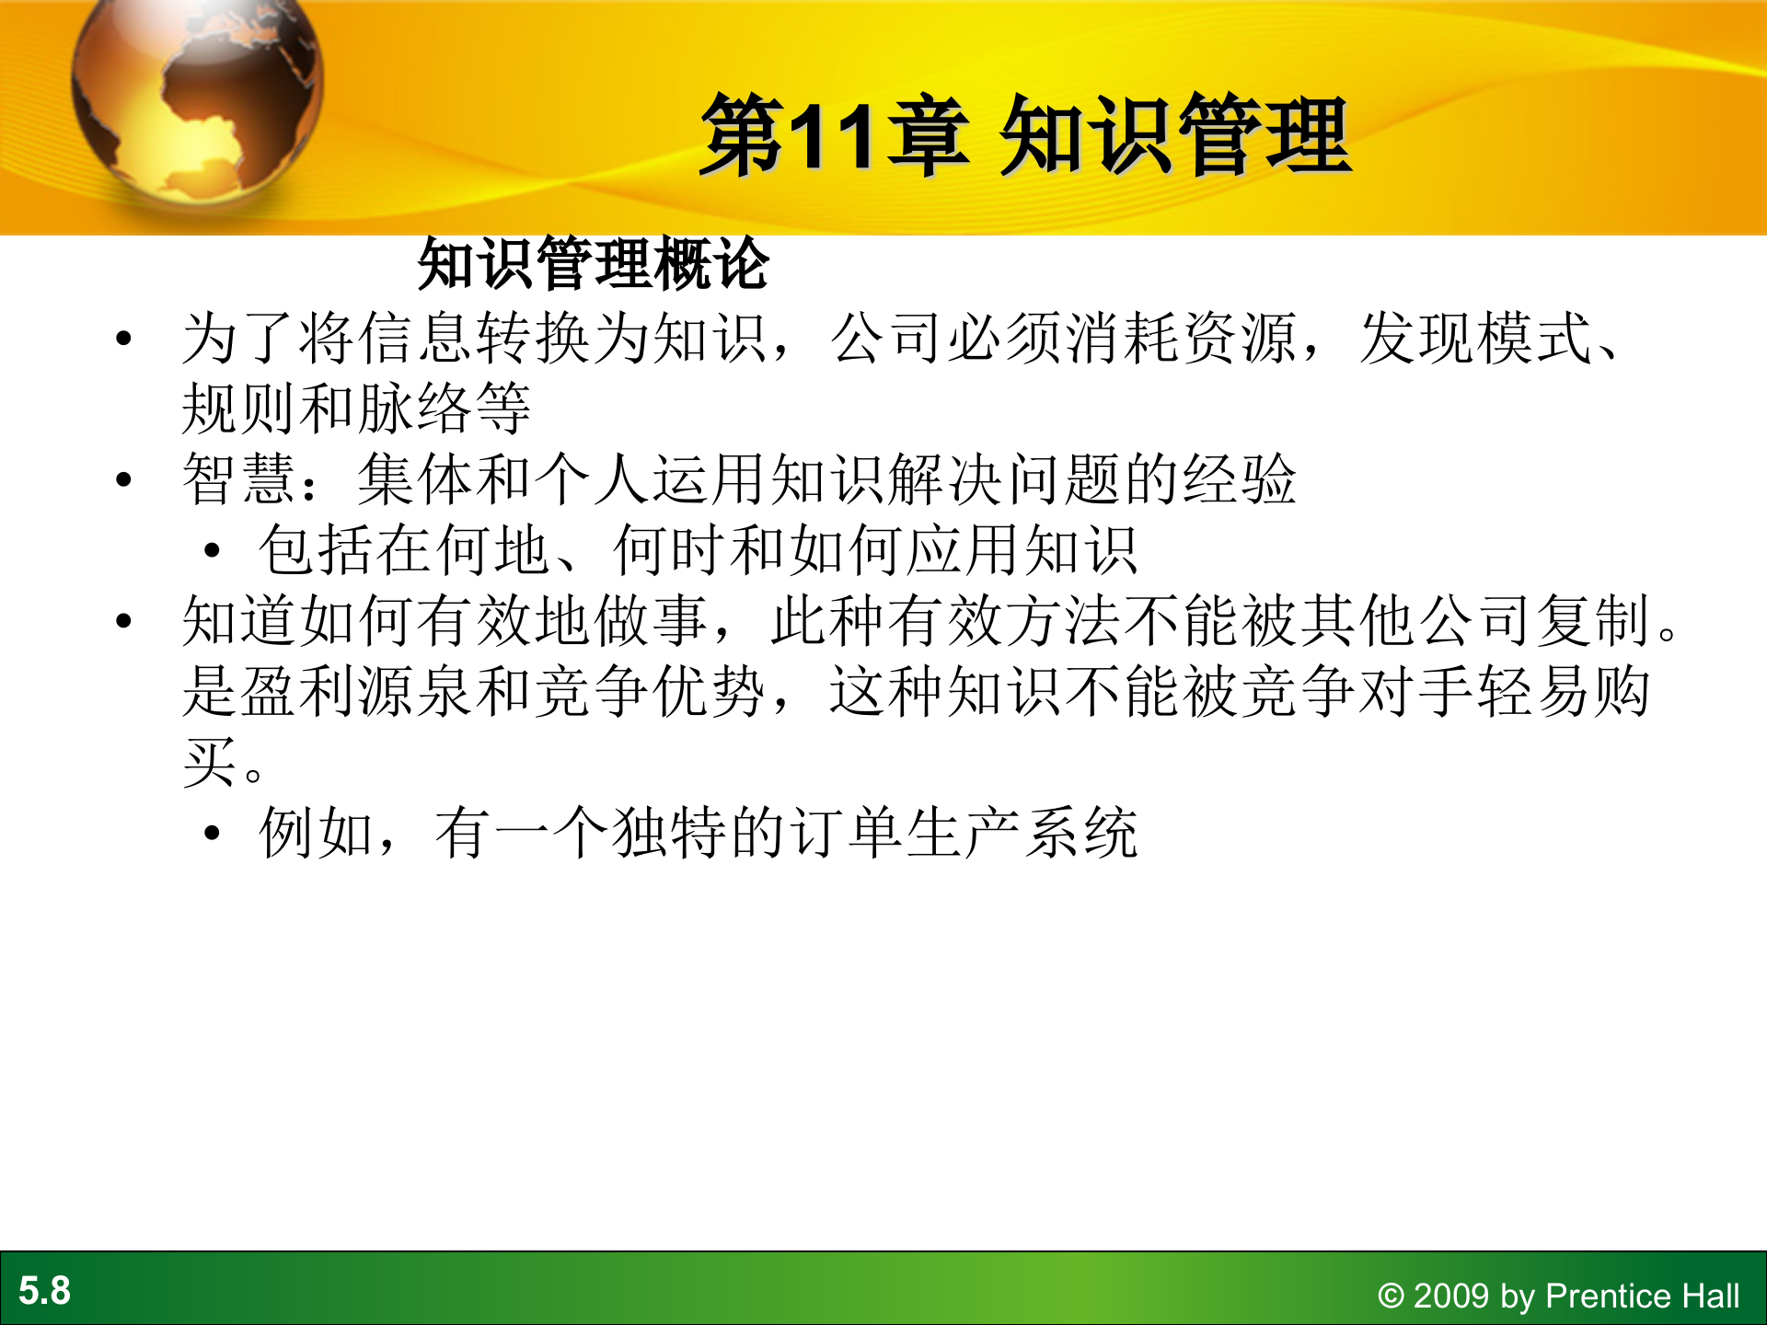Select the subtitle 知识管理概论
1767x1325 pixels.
click(593, 265)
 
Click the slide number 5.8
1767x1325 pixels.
click(44, 1291)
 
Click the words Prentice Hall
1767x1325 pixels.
click(1642, 1296)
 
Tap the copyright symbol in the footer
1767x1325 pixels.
click(1391, 1296)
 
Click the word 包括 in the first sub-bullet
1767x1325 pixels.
click(316, 550)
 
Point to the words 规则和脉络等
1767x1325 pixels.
click(356, 409)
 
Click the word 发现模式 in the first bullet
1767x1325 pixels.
click(1476, 339)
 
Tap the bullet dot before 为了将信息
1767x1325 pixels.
click(124, 339)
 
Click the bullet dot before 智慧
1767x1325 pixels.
click(124, 479)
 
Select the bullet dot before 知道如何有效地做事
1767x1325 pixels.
click(124, 621)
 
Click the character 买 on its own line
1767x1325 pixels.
click(210, 763)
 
